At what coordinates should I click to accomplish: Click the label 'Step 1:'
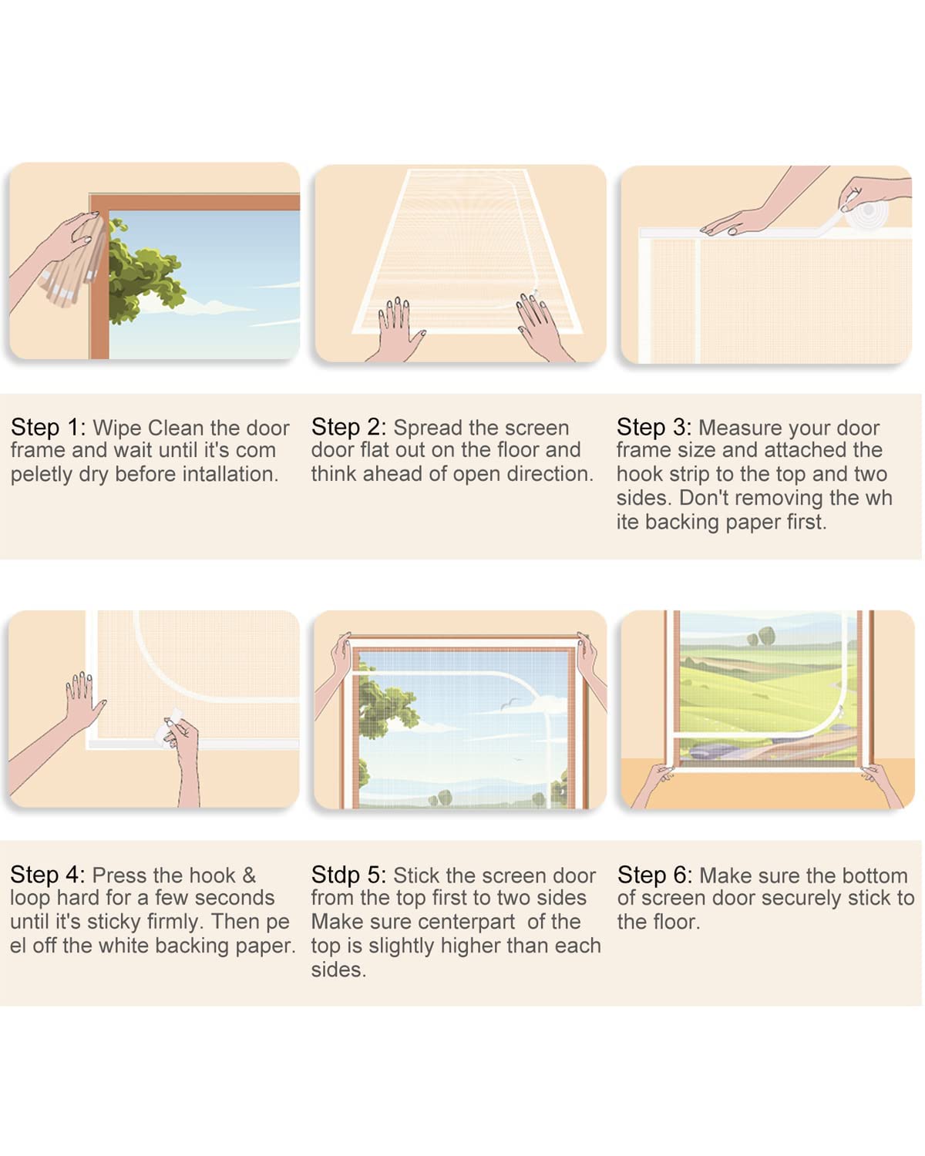pos(48,428)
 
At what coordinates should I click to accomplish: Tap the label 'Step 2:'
pos(348,428)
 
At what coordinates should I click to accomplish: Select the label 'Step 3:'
pos(654,428)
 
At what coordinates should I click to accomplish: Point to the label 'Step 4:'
pos(47,875)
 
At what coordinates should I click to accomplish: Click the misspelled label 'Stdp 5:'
pos(348,875)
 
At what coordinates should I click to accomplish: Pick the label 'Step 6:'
pos(654,875)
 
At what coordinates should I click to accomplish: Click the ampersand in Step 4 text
pos(249,875)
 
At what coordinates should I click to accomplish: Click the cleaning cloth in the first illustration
pos(74,264)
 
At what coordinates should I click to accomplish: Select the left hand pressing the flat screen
pos(397,329)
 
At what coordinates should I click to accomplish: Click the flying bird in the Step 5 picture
pos(509,703)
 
